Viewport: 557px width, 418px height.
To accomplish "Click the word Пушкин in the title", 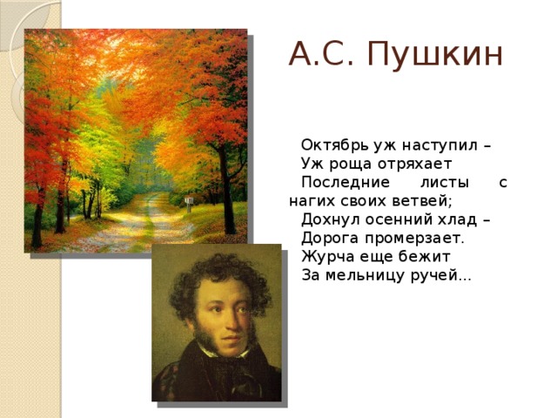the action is (435, 54).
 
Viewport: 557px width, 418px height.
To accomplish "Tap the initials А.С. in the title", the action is (322, 54).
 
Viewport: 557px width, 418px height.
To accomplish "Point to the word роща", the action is (352, 165).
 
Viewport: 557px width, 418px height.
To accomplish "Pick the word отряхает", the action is (414, 165).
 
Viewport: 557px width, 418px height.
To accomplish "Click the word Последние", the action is (346, 183).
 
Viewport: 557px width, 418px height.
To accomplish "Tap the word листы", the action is (445, 183).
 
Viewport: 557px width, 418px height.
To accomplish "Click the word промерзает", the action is (414, 239).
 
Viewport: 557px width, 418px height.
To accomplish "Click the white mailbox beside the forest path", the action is (189, 201).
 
